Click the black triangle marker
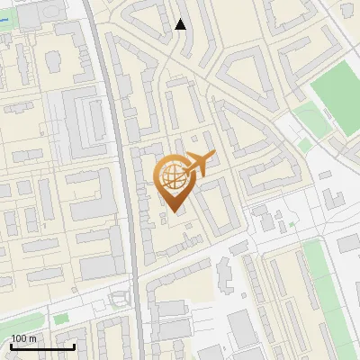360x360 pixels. click(x=180, y=24)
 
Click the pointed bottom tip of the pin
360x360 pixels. click(x=173, y=212)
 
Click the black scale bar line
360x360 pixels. click(x=41, y=346)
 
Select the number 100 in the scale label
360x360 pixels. click(x=19, y=338)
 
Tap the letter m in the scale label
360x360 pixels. click(x=32, y=338)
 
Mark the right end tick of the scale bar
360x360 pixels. click(x=74, y=345)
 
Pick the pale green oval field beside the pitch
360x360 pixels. click(x=308, y=118)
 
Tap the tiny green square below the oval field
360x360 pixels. click(x=305, y=144)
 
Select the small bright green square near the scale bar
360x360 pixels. click(x=60, y=319)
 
